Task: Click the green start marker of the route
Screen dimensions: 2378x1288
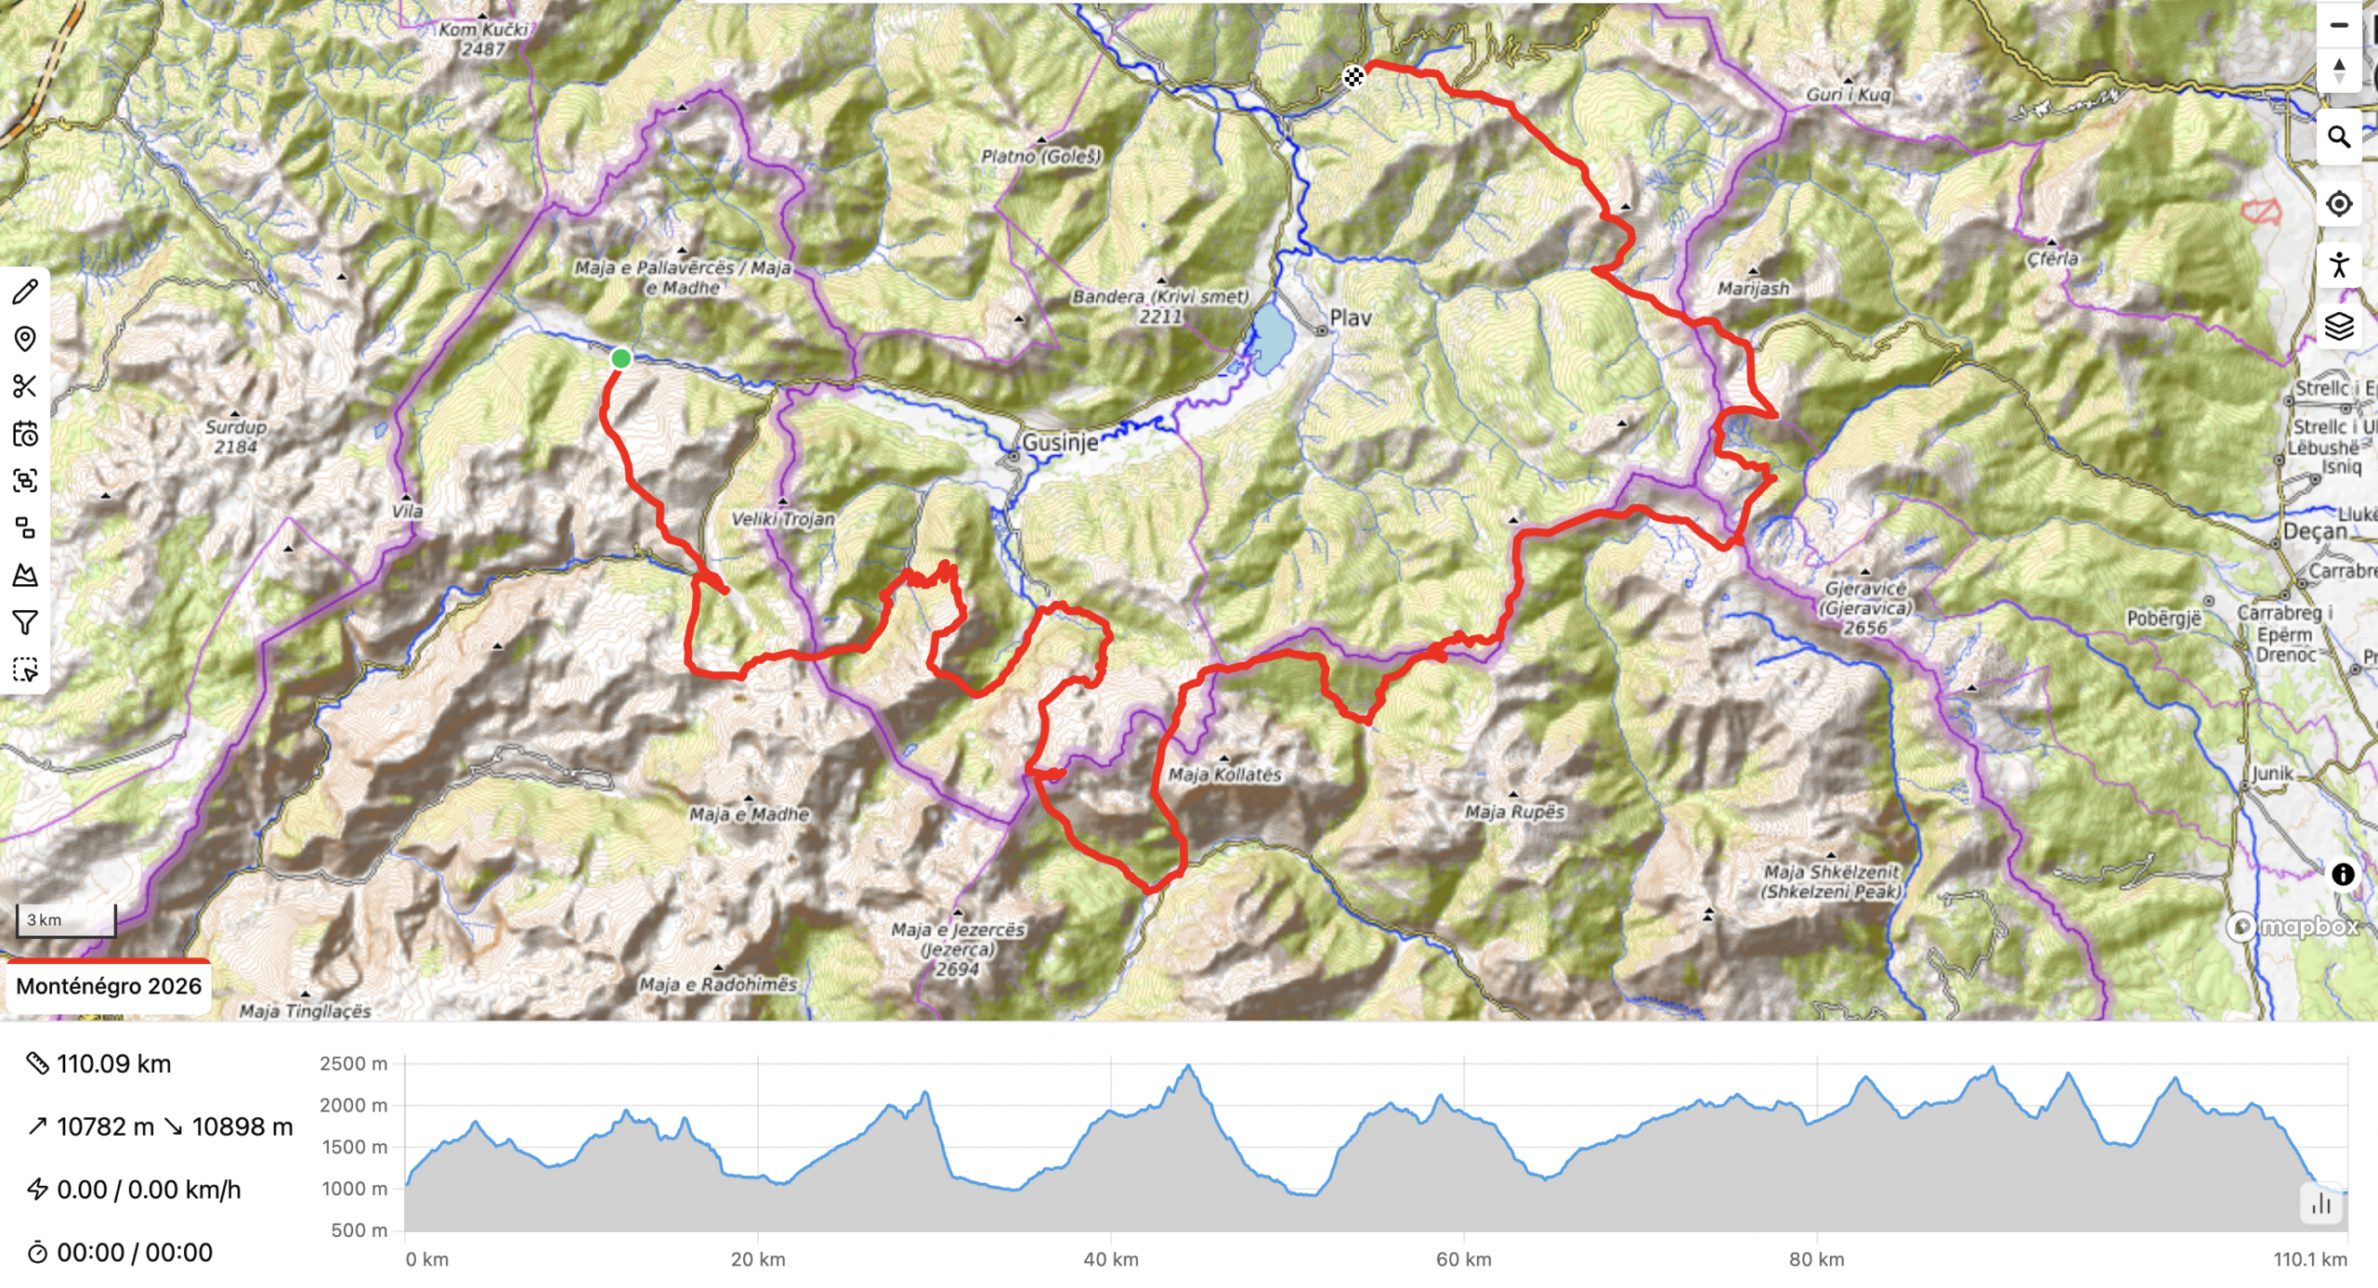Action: (621, 358)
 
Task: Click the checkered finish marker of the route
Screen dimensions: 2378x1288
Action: (1353, 77)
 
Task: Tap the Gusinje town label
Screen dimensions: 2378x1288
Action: (1060, 442)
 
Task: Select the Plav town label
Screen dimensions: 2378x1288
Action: (1350, 319)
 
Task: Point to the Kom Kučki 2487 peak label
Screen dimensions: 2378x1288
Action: (483, 39)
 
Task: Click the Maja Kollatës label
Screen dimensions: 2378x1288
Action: (1224, 774)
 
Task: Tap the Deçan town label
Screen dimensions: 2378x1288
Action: (2314, 532)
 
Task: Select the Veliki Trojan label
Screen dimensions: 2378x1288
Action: (782, 519)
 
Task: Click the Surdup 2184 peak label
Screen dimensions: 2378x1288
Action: (236, 436)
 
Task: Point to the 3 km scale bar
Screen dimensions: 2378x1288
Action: (66, 920)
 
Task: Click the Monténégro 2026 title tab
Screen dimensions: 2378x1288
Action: (109, 986)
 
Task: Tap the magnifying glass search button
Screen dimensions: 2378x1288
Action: (2338, 138)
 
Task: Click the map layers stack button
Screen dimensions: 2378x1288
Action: (2338, 326)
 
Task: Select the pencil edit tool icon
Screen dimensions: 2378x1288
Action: (25, 292)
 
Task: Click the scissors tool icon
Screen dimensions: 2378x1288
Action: (25, 386)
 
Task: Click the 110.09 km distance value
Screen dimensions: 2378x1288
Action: (113, 1064)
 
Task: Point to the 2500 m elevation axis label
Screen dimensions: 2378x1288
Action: (353, 1064)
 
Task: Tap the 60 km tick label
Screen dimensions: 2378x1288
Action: (1463, 1260)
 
